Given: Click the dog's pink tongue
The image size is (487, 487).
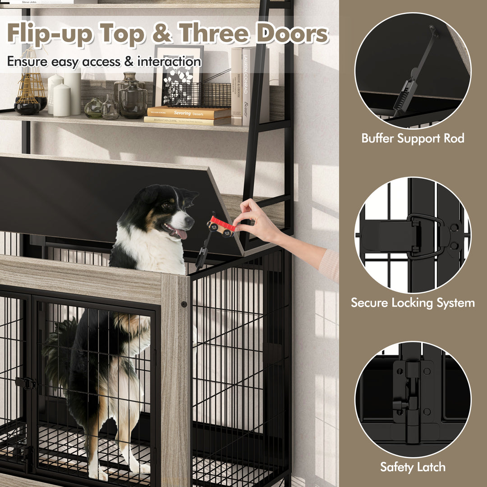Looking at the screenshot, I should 181,234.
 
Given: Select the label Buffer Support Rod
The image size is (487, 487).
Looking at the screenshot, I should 413,138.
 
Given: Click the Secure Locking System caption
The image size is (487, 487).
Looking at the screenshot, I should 413,303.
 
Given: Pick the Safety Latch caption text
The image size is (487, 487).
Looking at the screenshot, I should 413,467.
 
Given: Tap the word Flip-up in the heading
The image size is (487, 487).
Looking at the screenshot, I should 53,34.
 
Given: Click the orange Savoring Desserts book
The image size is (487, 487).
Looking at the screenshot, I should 188,113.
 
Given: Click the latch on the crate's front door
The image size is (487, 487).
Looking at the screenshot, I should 27,383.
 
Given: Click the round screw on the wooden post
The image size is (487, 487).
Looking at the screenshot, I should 184,305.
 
